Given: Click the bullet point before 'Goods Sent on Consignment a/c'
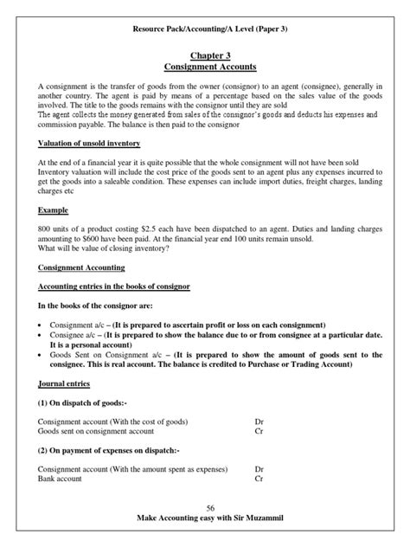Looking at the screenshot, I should point(42,356).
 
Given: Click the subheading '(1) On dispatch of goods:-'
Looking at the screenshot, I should point(86,403).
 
